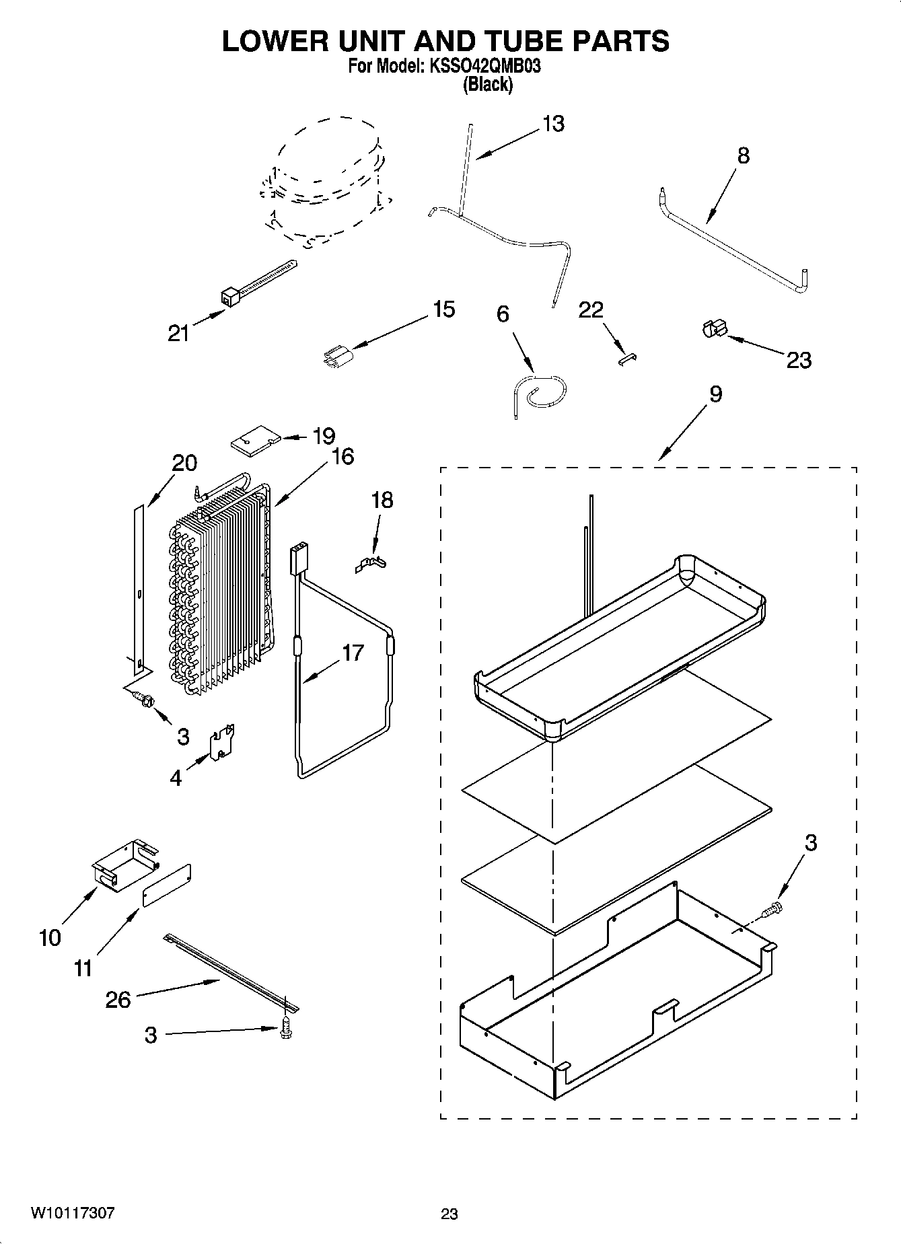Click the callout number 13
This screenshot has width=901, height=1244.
pyautogui.click(x=553, y=124)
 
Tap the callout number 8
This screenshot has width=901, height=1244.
pyautogui.click(x=743, y=156)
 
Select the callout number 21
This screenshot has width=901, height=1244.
pyautogui.click(x=178, y=332)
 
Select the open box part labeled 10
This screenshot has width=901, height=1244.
pyautogui.click(x=124, y=865)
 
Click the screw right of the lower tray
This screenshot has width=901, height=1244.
pyautogui.click(x=772, y=910)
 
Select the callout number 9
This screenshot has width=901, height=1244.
pyautogui.click(x=715, y=394)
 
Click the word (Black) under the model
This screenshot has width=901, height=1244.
pyautogui.click(x=488, y=84)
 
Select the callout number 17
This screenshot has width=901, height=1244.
pyautogui.click(x=352, y=653)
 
